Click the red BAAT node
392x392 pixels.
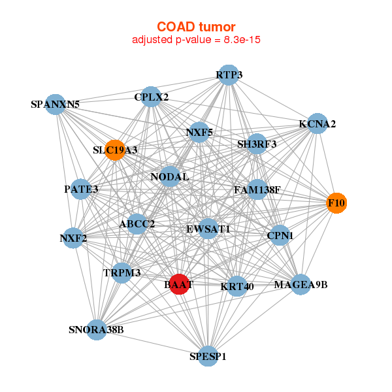[x=179, y=284]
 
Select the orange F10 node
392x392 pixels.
[x=336, y=203]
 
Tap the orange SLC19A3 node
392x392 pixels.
[x=115, y=150]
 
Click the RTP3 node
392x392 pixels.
[x=229, y=75]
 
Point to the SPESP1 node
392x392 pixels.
[x=208, y=356]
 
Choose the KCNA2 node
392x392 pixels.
[x=318, y=123]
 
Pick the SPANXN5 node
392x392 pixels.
[x=56, y=105]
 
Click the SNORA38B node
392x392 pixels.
[x=97, y=330]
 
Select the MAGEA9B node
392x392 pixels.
[x=301, y=284]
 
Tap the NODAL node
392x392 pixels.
[x=170, y=176]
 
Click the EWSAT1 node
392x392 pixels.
[x=208, y=229]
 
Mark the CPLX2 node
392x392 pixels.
[x=151, y=97]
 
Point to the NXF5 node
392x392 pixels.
[x=199, y=132]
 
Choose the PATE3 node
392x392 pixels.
[x=81, y=189]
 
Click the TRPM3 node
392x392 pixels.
[x=122, y=272]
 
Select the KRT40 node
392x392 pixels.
[x=237, y=286]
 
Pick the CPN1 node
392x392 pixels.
[x=280, y=235]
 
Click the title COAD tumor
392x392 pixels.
[x=196, y=27]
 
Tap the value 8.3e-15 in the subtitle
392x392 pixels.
[x=242, y=40]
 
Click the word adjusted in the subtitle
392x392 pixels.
[x=152, y=40]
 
